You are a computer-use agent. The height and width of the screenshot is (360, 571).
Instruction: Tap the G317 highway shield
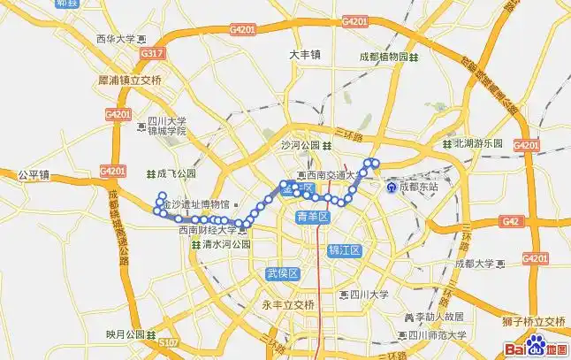[150, 54]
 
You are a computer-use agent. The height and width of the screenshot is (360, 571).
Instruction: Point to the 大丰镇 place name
[305, 55]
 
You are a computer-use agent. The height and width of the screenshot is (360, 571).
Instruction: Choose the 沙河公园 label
[299, 145]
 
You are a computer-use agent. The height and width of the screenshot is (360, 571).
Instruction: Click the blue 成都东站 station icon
[392, 187]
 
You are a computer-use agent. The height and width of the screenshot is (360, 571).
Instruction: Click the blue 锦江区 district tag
[345, 250]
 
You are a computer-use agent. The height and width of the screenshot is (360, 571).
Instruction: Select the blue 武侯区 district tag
[284, 274]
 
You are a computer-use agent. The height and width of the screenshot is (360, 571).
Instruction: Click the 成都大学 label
[476, 264]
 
